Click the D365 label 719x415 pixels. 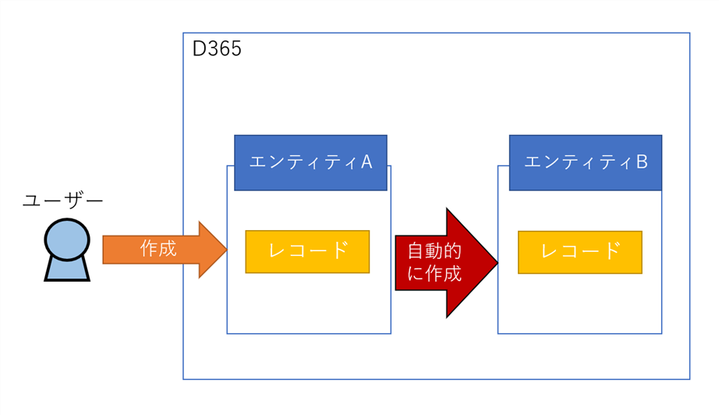pyautogui.click(x=217, y=48)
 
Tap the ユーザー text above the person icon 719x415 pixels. pyautogui.click(x=63, y=200)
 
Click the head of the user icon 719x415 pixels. pyautogui.click(x=67, y=239)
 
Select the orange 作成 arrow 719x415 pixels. pyautogui.click(x=165, y=250)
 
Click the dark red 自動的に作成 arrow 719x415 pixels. pyautogui.click(x=446, y=263)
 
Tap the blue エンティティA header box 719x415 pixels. pyautogui.click(x=310, y=162)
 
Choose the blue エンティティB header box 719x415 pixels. pyautogui.click(x=586, y=162)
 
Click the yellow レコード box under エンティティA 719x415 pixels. pyautogui.click(x=307, y=252)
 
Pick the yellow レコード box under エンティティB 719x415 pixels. pyautogui.click(x=580, y=252)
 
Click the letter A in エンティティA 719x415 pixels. pyautogui.click(x=367, y=162)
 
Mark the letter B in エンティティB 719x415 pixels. pyautogui.click(x=642, y=162)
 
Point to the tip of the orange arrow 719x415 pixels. pyautogui.click(x=227, y=250)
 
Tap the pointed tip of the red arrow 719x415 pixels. pyautogui.click(x=498, y=263)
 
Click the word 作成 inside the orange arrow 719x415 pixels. pyautogui.click(x=158, y=249)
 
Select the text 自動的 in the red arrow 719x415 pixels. pyautogui.click(x=434, y=251)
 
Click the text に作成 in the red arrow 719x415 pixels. pyautogui.click(x=434, y=274)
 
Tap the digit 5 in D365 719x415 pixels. pyautogui.click(x=236, y=49)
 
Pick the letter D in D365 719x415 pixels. pyautogui.click(x=199, y=49)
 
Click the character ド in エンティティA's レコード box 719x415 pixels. pyautogui.click(x=339, y=250)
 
